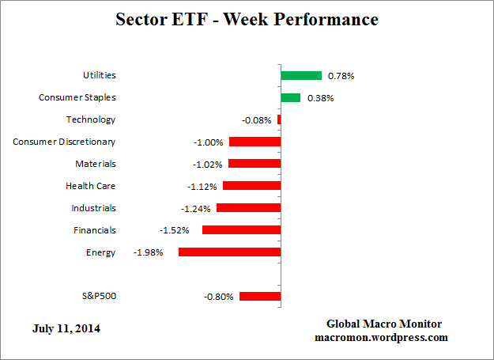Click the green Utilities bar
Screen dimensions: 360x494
point(301,76)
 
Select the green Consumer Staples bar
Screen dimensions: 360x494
point(291,98)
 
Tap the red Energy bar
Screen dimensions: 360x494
point(230,252)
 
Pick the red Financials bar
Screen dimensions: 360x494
point(242,230)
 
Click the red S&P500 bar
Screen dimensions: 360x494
point(260,297)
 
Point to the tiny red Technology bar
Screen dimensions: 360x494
point(279,120)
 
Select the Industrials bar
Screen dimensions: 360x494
point(249,208)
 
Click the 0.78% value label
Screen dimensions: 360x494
point(341,77)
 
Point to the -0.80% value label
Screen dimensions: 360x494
point(219,297)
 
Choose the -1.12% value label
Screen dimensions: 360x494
point(203,187)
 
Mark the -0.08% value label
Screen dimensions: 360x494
point(257,120)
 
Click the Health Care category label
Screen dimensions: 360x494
point(90,186)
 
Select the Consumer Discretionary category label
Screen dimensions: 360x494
point(64,142)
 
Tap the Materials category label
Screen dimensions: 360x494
point(96,164)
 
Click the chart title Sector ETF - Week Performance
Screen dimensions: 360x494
point(247,19)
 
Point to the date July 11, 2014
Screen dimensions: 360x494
point(67,328)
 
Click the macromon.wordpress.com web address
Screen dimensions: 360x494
point(384,337)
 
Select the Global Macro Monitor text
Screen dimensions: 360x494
point(384,324)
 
